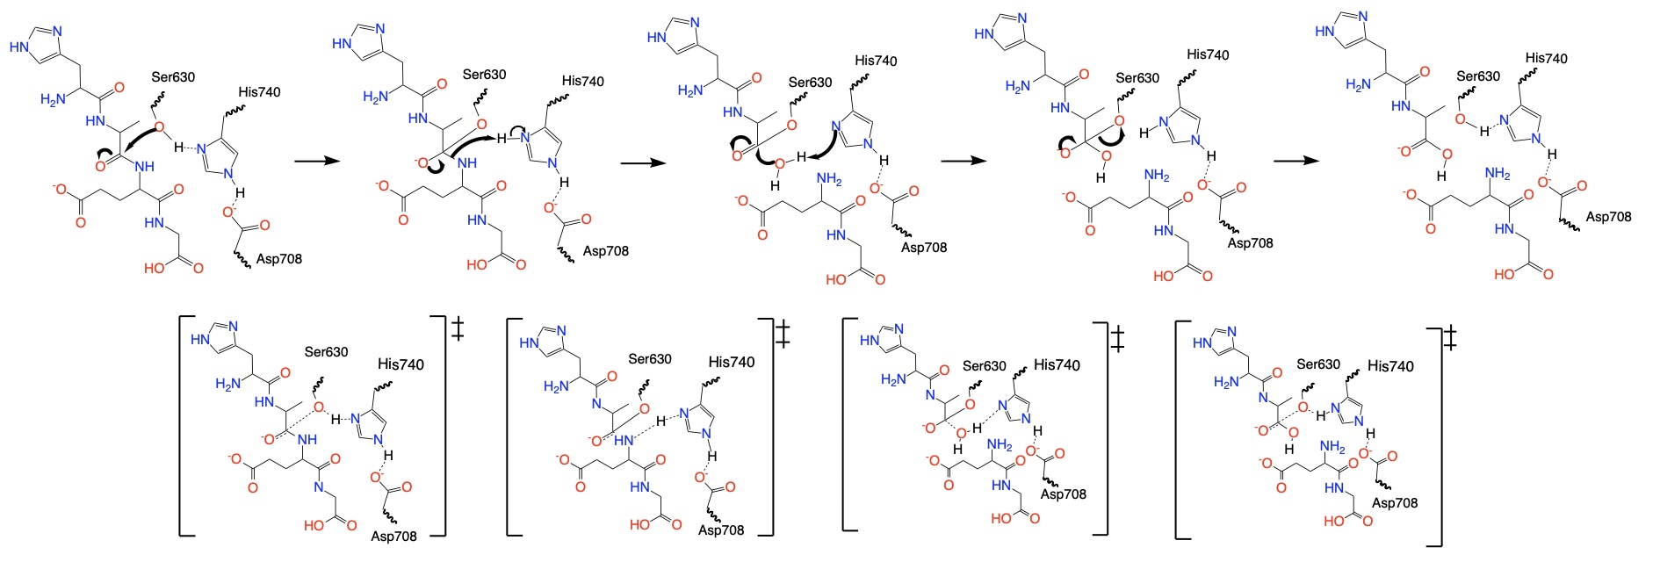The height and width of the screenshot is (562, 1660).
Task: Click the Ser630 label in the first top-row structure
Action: (173, 77)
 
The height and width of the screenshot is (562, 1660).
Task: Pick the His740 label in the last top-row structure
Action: (1546, 59)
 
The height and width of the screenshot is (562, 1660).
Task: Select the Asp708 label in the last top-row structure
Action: (1608, 217)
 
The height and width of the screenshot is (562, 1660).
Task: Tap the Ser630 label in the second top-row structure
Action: (484, 75)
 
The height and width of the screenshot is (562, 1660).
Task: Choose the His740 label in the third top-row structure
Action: (876, 61)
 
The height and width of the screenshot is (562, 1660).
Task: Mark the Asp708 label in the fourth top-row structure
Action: (1250, 243)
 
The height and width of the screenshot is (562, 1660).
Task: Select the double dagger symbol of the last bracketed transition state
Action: (1450, 337)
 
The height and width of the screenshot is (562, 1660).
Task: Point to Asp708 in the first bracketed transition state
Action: (393, 536)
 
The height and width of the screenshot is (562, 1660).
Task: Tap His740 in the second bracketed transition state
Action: (732, 362)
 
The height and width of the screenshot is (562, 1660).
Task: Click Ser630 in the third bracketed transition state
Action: (985, 366)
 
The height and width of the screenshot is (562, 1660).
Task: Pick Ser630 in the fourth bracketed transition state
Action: (1318, 364)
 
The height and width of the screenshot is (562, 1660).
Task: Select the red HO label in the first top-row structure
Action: (155, 268)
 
